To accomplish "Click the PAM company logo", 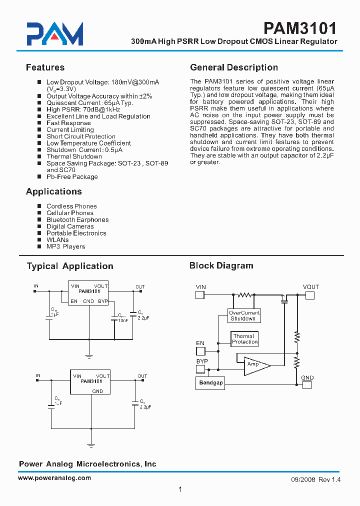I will [x=55, y=34].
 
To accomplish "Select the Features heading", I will [x=45, y=67].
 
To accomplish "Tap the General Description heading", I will [x=234, y=67].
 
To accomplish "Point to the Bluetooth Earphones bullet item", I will [x=77, y=219].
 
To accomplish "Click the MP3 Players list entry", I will [x=65, y=246].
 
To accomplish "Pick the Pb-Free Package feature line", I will [x=72, y=176].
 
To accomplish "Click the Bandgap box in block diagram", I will [x=211, y=383].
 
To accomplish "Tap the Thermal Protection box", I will [x=244, y=339].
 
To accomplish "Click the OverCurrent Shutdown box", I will [x=244, y=315].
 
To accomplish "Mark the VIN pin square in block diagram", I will [x=200, y=295].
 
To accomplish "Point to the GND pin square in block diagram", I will [x=307, y=384].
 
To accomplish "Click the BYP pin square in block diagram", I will [x=200, y=369].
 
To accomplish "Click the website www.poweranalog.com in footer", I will [x=54, y=478].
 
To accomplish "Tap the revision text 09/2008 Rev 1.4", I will [x=315, y=479].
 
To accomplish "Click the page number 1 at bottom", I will [x=180, y=490].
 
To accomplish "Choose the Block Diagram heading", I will [x=221, y=265].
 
